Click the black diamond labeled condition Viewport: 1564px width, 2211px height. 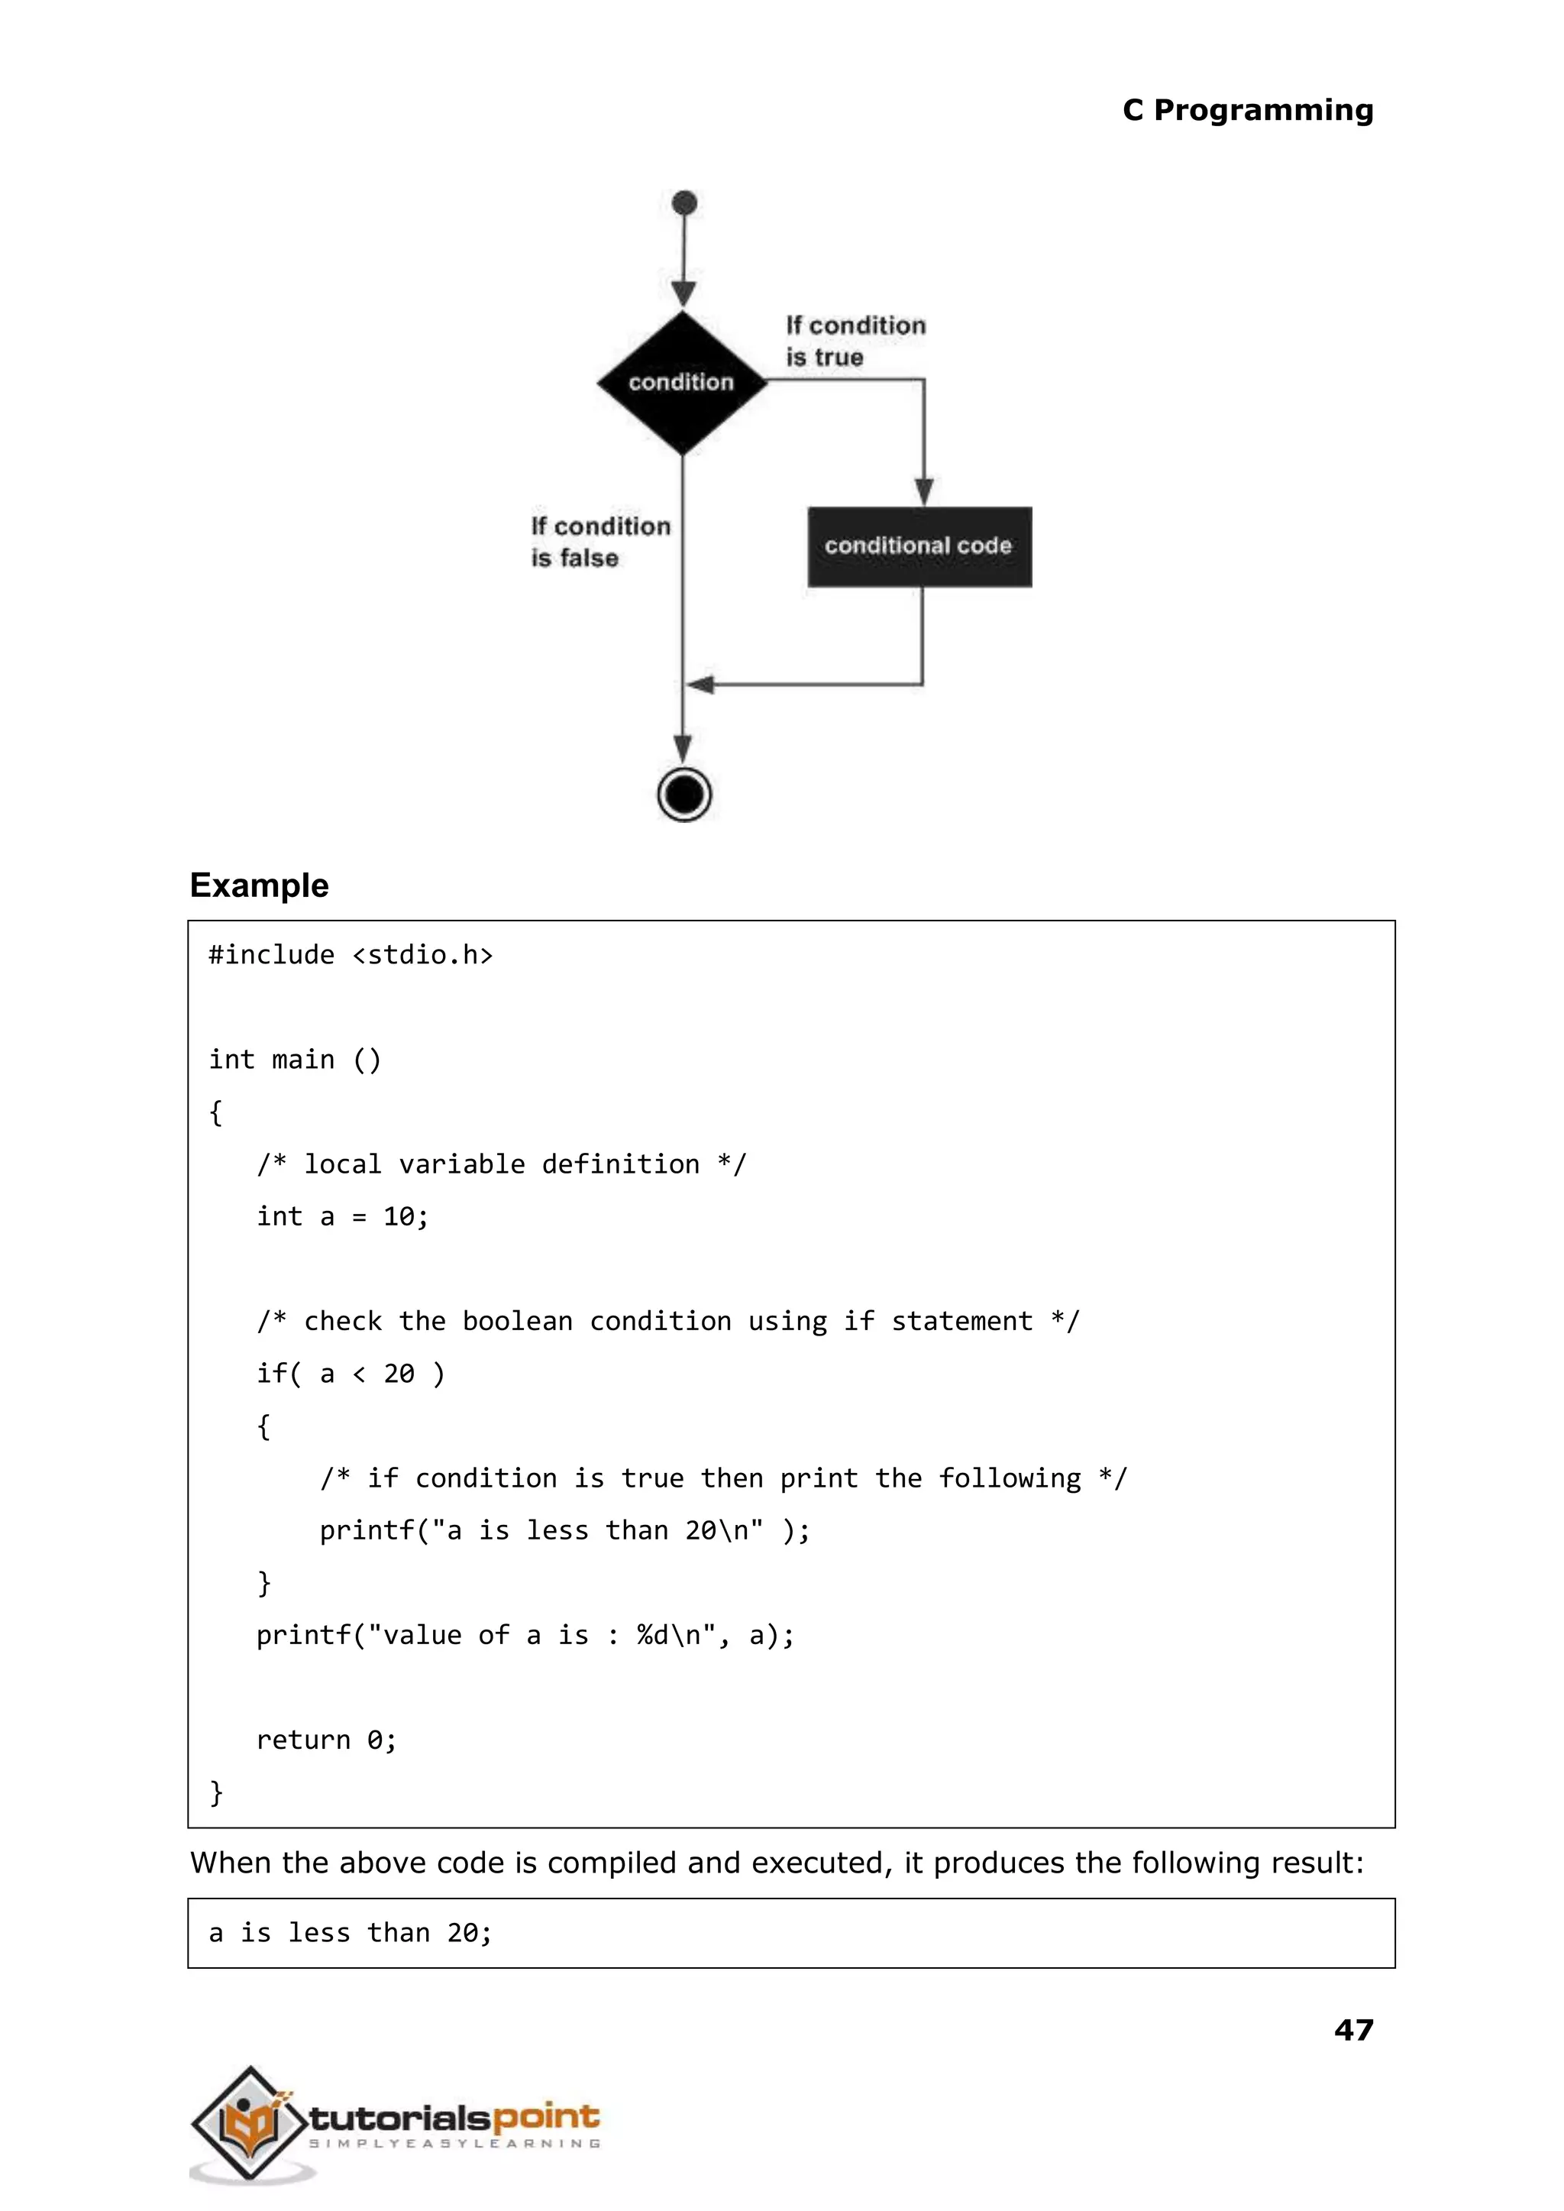(x=682, y=383)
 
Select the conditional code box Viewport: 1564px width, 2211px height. (x=919, y=546)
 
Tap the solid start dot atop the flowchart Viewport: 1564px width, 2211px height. (x=685, y=203)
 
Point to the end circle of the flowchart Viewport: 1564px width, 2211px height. (x=685, y=795)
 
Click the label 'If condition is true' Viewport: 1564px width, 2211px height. (x=855, y=341)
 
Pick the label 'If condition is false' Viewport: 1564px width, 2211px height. (x=600, y=542)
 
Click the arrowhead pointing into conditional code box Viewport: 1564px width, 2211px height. (x=923, y=490)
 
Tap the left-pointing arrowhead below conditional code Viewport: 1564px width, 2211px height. (x=700, y=685)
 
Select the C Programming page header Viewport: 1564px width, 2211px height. (x=1247, y=110)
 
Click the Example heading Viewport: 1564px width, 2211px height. (x=259, y=885)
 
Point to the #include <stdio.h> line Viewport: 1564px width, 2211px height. (x=351, y=955)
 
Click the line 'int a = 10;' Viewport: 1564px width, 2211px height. (x=342, y=1216)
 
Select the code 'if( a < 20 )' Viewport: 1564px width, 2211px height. (x=351, y=1373)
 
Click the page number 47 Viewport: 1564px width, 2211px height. (x=1353, y=2029)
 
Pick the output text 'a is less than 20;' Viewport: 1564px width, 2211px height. (x=351, y=1933)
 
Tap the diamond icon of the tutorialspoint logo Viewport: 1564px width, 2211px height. (x=248, y=2122)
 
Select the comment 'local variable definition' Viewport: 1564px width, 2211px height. (x=501, y=1164)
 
